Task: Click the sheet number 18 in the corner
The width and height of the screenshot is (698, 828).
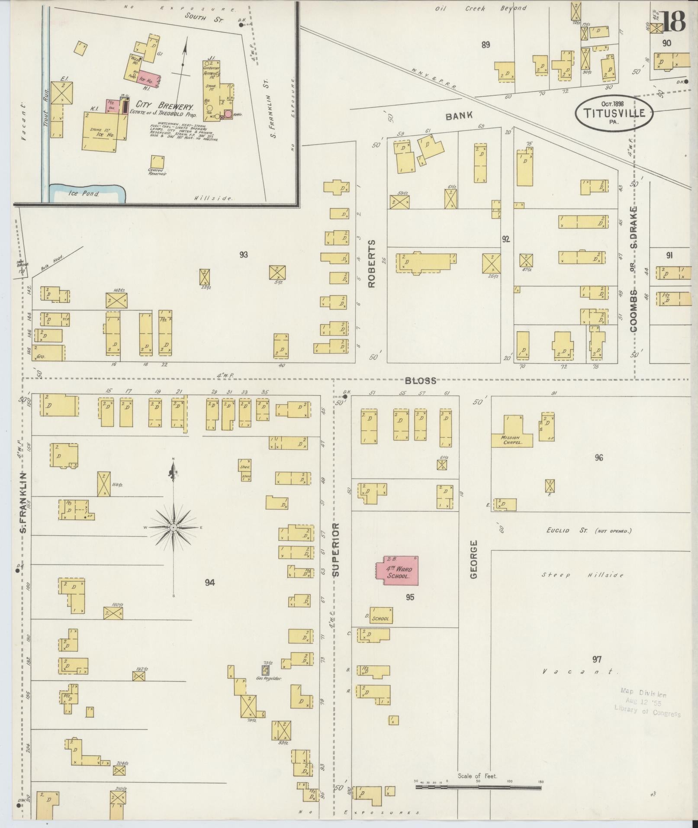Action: coord(673,21)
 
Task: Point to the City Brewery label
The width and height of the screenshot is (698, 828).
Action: coord(164,105)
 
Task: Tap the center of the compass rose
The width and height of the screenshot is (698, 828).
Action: coord(174,527)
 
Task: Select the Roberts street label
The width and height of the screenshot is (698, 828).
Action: coord(372,264)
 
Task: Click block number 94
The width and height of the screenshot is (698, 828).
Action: coord(209,583)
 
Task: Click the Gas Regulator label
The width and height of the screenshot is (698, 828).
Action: coord(269,691)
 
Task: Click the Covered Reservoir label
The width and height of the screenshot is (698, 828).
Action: coord(158,171)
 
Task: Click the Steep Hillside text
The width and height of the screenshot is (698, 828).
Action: coord(582,575)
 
